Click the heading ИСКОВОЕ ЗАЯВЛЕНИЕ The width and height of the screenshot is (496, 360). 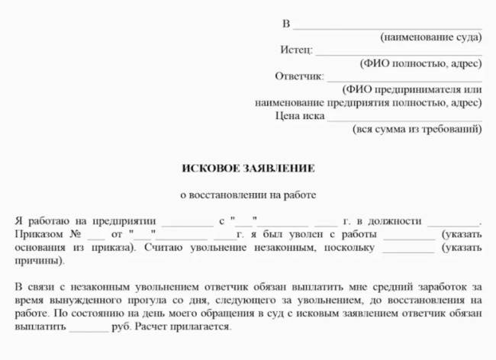[248, 167]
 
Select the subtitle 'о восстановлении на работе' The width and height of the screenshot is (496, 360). [247, 194]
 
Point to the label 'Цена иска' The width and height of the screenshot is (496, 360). [299, 116]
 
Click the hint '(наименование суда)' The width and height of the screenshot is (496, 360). [431, 37]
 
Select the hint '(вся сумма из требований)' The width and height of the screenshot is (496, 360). [417, 129]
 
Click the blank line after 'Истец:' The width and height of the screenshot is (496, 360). [398, 53]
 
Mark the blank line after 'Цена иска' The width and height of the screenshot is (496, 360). [404, 119]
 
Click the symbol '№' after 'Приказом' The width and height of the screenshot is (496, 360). [75, 233]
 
